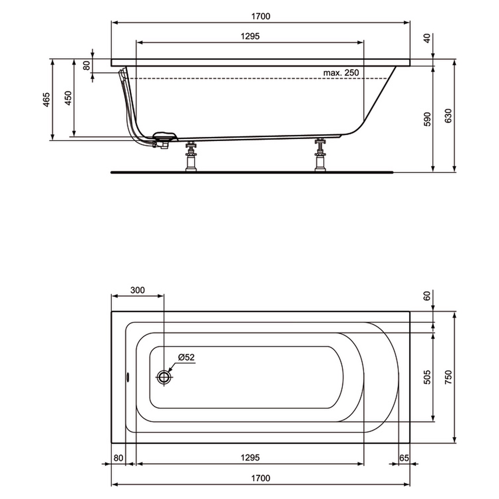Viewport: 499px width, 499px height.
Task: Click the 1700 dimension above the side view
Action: pyautogui.click(x=260, y=16)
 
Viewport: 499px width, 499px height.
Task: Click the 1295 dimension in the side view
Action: pyautogui.click(x=250, y=36)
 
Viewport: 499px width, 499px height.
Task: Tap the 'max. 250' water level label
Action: pyautogui.click(x=341, y=73)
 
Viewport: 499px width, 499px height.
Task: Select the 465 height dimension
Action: pyautogui.click(x=46, y=100)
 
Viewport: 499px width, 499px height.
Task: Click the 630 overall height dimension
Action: pyautogui.click(x=448, y=116)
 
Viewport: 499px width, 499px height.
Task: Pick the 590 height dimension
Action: pyautogui.click(x=427, y=119)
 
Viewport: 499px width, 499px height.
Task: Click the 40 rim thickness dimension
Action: pyautogui.click(x=427, y=38)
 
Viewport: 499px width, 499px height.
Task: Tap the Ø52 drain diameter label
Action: pyautogui.click(x=186, y=357)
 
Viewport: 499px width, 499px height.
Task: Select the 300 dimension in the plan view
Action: pyautogui.click(x=137, y=290)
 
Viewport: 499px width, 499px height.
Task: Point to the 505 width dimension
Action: pyautogui.click(x=427, y=377)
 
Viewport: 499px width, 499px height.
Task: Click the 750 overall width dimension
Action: pyautogui.click(x=448, y=377)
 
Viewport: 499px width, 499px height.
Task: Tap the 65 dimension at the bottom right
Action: pyautogui.click(x=404, y=458)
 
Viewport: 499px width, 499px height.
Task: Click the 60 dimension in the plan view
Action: pyautogui.click(x=427, y=296)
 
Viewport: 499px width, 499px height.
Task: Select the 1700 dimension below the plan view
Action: pyautogui.click(x=260, y=478)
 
